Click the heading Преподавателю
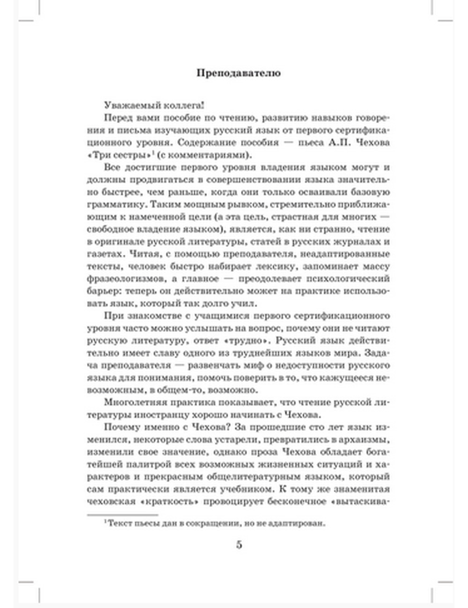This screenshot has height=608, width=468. [x=238, y=73]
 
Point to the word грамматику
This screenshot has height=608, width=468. [x=111, y=204]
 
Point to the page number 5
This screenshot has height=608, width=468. [x=239, y=545]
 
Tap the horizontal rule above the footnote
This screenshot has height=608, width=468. [x=123, y=515]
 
